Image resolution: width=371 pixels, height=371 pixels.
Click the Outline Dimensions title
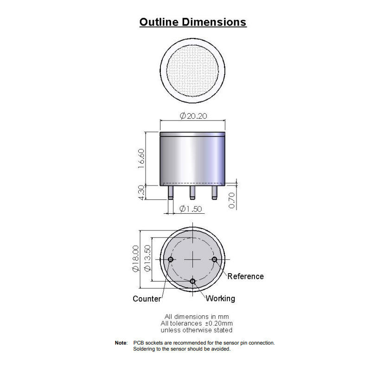click(193, 22)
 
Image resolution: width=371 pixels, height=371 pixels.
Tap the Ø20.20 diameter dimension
click(193, 116)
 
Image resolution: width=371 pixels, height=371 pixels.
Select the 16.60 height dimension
click(141, 159)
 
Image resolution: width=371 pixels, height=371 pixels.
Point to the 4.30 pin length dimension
click(141, 192)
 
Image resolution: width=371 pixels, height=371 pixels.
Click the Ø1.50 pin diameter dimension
click(191, 209)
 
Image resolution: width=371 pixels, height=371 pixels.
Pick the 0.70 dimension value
click(232, 200)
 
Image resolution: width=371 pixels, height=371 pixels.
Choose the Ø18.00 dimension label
click(135, 259)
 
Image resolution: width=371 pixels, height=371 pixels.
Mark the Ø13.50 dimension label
click(147, 258)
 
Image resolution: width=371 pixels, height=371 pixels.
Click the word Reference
click(246, 276)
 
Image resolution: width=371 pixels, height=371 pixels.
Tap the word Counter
click(147, 299)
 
